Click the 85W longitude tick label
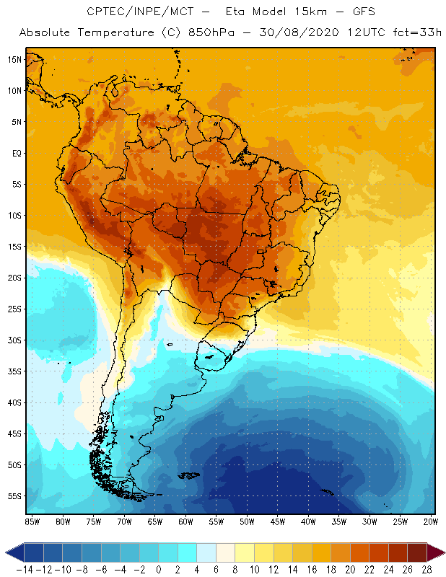[32, 521]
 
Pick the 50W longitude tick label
[248, 521]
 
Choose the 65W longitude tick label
[155, 521]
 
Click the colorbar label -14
[24, 569]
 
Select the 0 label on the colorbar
[159, 569]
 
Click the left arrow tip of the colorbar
[6, 552]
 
